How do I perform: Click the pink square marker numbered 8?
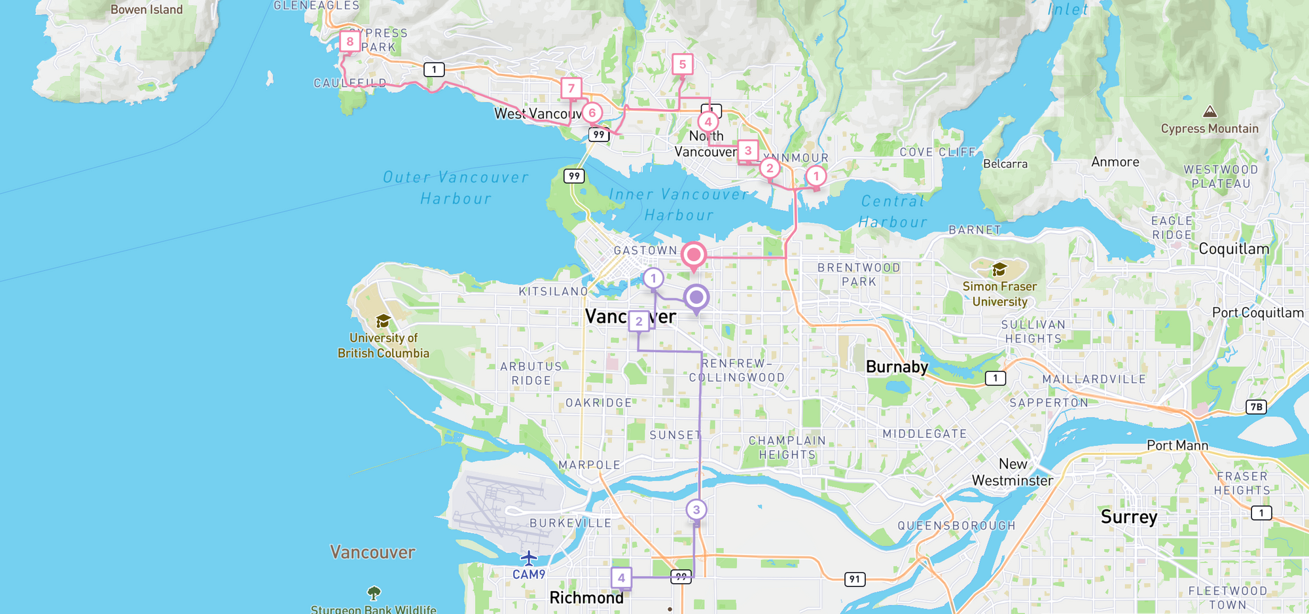(x=350, y=42)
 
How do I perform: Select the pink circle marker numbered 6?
(x=592, y=113)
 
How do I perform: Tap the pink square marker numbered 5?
(x=682, y=64)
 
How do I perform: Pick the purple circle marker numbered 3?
(x=696, y=509)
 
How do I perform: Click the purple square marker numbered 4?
(x=621, y=577)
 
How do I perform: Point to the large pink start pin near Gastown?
(x=694, y=255)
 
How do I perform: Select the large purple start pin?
(x=696, y=298)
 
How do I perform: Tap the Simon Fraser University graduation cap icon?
(x=999, y=269)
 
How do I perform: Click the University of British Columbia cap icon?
(x=383, y=321)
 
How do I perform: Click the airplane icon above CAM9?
(x=528, y=558)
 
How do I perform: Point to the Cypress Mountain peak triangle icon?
(x=1210, y=112)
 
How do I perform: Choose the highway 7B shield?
(x=1256, y=406)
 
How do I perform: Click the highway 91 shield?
(x=854, y=579)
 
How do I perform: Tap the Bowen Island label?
(x=147, y=10)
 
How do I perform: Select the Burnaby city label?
(x=897, y=367)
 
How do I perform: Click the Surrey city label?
(x=1129, y=516)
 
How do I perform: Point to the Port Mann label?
(x=1177, y=446)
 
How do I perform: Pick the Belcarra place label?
(x=1005, y=164)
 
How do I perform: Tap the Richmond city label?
(x=586, y=598)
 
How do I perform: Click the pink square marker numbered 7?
(x=571, y=88)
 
